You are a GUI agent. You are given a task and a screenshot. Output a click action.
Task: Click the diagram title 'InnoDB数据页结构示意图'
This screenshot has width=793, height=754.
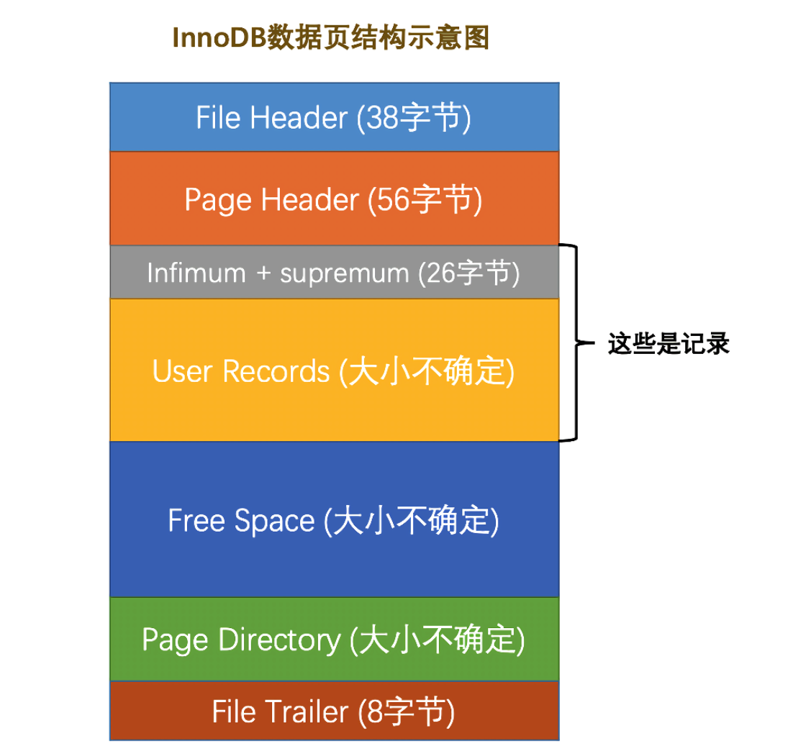coord(330,37)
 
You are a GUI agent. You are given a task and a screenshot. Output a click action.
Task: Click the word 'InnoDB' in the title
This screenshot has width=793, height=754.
coord(218,37)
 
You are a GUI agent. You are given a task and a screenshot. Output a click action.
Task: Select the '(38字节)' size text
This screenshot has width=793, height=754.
coord(414,117)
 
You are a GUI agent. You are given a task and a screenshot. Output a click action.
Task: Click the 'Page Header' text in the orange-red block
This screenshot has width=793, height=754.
coord(271,199)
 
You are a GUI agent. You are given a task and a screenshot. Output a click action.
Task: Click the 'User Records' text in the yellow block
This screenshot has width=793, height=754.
coord(240,371)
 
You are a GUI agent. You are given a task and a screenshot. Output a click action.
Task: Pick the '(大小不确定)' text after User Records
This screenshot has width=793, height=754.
coord(427,371)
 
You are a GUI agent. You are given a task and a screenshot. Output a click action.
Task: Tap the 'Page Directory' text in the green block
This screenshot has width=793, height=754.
coord(240,639)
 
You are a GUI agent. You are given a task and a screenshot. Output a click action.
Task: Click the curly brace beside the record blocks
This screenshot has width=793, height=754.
coord(572,342)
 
